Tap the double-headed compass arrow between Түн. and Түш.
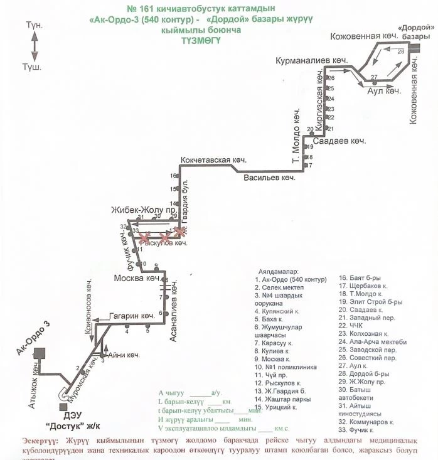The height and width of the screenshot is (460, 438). [35, 46]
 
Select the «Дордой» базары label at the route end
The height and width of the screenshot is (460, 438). [417, 32]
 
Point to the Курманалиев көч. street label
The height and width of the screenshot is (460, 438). [311, 60]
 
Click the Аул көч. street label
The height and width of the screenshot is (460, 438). [383, 91]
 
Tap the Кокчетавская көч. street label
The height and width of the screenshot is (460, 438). [212, 160]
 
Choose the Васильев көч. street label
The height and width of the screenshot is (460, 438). [270, 178]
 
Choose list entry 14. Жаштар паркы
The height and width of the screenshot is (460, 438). [282, 398]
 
